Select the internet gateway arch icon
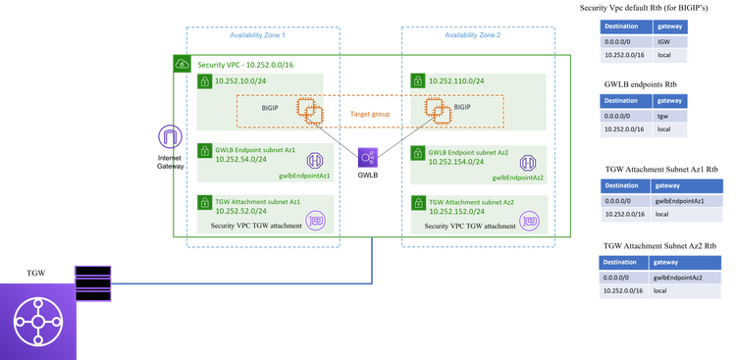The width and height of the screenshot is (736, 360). point(170,137)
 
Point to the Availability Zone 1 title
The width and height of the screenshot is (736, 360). point(258,35)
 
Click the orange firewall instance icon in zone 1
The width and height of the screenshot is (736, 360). point(311,111)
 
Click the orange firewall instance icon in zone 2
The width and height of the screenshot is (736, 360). point(437,111)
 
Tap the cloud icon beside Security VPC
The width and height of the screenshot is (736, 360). point(182,63)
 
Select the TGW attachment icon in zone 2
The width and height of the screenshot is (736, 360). point(530,222)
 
